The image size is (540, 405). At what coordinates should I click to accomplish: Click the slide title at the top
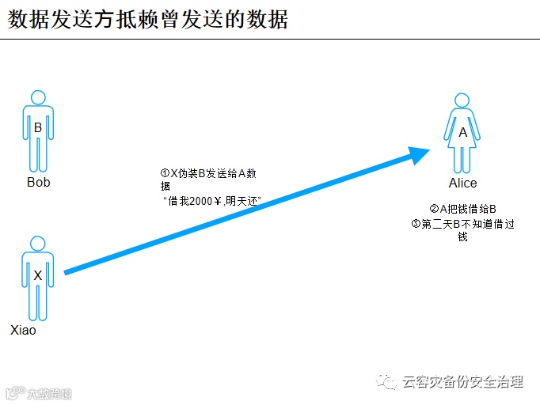point(148,19)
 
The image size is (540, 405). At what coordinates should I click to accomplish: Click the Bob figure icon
point(37,131)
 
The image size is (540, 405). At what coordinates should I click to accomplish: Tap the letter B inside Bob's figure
point(37,127)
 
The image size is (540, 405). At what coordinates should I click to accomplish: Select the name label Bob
point(38,183)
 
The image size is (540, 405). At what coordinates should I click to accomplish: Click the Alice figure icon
point(462,132)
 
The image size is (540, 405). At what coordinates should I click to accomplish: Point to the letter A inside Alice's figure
point(463,133)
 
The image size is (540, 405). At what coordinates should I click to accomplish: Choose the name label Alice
point(463,184)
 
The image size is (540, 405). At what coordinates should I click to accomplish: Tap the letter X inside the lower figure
point(37,275)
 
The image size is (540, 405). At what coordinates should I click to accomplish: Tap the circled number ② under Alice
point(434,209)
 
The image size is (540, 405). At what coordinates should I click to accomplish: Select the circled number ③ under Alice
point(416,224)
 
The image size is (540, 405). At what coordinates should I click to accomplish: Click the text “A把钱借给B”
point(467,209)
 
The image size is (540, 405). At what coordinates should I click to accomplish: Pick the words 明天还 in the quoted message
point(244,201)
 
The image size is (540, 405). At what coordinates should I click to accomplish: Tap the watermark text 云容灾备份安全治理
point(463,382)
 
